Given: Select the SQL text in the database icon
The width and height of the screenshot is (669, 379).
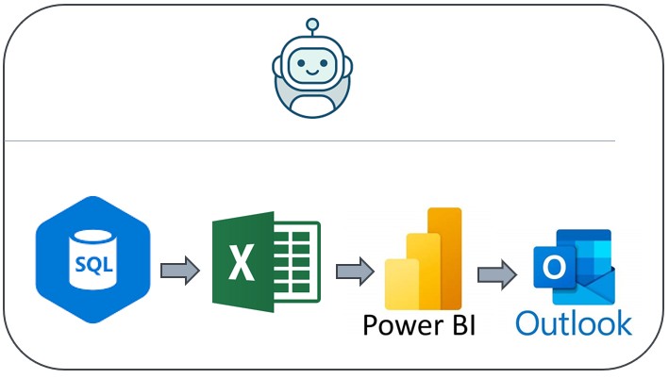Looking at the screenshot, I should tap(93, 266).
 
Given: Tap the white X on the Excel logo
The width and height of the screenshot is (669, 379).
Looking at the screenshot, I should tap(242, 263).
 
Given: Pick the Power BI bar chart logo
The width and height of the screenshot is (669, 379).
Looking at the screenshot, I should tap(423, 254).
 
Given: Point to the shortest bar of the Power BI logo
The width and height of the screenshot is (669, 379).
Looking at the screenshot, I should tap(400, 279).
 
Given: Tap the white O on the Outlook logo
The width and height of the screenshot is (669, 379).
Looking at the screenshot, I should tap(552, 270).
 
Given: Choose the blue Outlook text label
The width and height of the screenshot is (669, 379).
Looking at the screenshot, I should tap(574, 323).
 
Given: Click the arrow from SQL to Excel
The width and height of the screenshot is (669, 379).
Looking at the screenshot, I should tap(179, 272).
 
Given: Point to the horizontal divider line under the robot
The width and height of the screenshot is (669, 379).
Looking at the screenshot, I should tap(310, 141).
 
